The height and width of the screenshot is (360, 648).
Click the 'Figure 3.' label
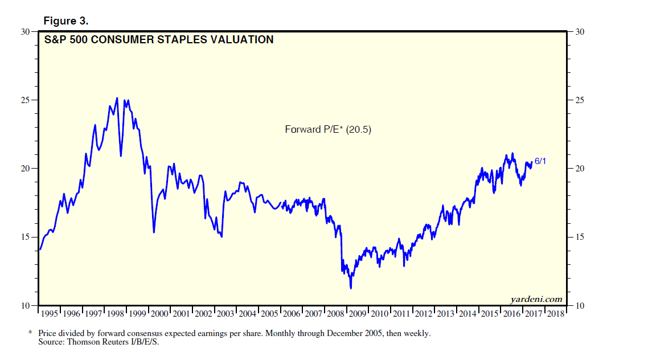(65, 21)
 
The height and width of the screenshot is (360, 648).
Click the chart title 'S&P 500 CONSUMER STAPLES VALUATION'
(159, 40)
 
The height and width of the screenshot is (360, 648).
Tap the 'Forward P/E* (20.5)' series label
(328, 130)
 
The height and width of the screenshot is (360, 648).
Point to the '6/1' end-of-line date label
(540, 162)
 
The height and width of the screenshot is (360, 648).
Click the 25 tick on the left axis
(25, 100)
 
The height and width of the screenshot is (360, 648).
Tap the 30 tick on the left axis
(25, 32)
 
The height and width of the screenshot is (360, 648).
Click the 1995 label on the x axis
(50, 314)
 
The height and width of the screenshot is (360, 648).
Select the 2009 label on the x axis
(357, 314)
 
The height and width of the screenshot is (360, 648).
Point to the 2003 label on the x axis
(225, 314)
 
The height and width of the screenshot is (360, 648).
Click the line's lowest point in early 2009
(351, 288)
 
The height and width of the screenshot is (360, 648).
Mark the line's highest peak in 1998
(117, 98)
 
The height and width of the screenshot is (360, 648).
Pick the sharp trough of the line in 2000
(154, 232)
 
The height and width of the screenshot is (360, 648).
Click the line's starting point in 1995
(40, 249)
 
